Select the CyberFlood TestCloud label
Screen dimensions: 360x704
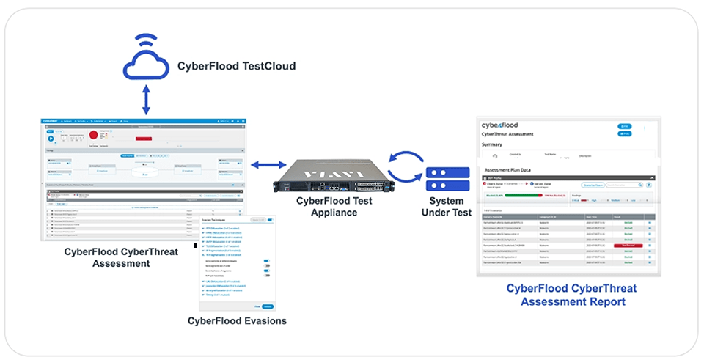tap(236, 67)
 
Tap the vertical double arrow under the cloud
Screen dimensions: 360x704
tap(147, 100)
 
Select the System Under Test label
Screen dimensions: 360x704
tap(446, 207)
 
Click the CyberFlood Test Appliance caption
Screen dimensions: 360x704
tap(334, 207)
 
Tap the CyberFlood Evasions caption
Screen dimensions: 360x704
tap(237, 321)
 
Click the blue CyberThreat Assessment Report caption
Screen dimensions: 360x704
tap(571, 295)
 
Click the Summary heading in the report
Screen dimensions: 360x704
tap(492, 144)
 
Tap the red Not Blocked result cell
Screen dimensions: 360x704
tap(628, 245)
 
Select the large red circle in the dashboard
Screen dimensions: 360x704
tap(94, 135)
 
